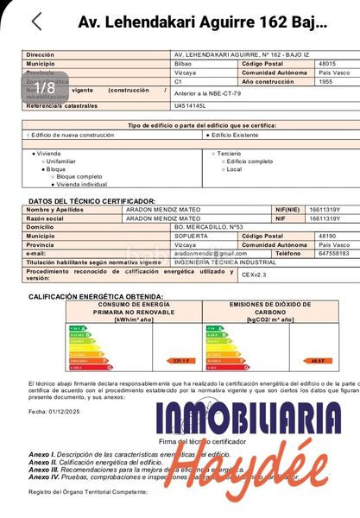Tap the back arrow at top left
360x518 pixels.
35,22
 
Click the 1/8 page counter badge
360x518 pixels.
46,87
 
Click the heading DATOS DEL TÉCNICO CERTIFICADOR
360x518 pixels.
92,201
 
